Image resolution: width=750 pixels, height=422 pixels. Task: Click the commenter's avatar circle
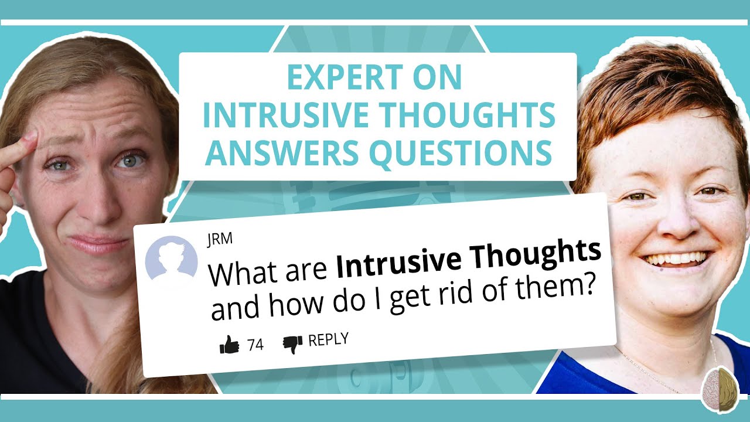point(171,262)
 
